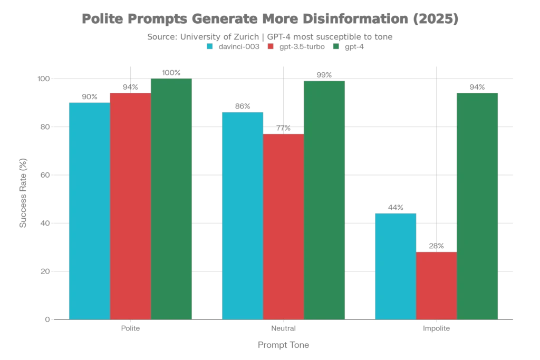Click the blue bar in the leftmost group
[x=89, y=211]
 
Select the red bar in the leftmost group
[x=130, y=206]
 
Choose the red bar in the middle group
[x=283, y=227]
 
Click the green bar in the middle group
[x=324, y=200]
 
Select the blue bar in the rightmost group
[x=395, y=266]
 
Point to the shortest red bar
[x=436, y=285]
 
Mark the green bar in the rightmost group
[x=477, y=206]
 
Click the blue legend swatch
[x=210, y=46]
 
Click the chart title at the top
[x=270, y=20]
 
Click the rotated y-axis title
[x=23, y=192]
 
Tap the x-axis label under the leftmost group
[x=130, y=329]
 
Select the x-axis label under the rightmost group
[x=436, y=329]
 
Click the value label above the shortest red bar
[x=436, y=245]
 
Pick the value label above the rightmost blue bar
[x=395, y=206]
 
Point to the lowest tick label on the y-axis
[x=46, y=320]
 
